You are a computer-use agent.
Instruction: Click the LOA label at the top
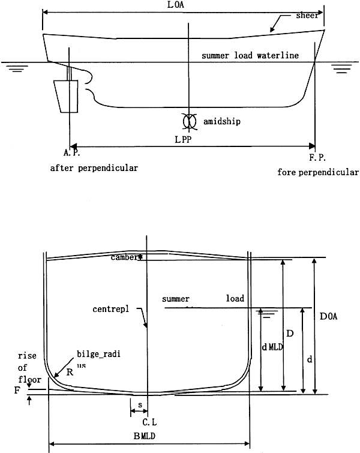point(176,5)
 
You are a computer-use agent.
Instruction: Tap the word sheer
point(307,16)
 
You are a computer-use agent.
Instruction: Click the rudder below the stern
point(66,96)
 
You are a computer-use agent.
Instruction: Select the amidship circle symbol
point(189,121)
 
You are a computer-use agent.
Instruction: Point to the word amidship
point(222,121)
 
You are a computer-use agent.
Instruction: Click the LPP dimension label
point(183,140)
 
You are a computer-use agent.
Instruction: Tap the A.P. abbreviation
point(71,152)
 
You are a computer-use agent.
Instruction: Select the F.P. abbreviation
point(317,157)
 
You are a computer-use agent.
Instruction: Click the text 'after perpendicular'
point(94,168)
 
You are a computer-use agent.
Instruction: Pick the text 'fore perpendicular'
point(318,172)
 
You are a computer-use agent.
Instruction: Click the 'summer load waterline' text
point(250,55)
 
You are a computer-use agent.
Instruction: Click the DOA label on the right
point(329,316)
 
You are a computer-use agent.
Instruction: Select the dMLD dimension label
point(272,347)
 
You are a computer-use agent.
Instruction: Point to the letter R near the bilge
point(70,373)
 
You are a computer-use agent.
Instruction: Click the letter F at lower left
point(17,391)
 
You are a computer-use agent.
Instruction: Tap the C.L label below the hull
point(149,422)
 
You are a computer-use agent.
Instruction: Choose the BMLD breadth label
point(145,436)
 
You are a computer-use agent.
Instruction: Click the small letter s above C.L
point(140,405)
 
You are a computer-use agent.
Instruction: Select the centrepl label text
point(110,309)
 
